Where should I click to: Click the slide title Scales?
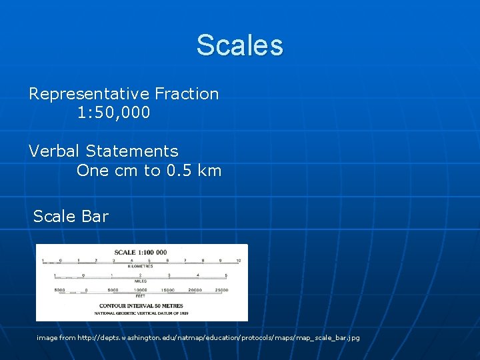pyautogui.click(x=239, y=45)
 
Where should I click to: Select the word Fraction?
pyautogui.click(x=187, y=94)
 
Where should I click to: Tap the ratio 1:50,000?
pyautogui.click(x=113, y=113)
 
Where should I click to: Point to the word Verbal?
pyautogui.click(x=55, y=151)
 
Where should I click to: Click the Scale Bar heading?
pyautogui.click(x=71, y=216)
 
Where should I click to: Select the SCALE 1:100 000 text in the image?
pyautogui.click(x=141, y=253)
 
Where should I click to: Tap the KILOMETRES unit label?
pyautogui.click(x=141, y=266)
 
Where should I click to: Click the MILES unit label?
pyautogui.click(x=141, y=281)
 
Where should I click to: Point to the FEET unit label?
pyautogui.click(x=141, y=295)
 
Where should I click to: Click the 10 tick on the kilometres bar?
pyautogui.click(x=238, y=260)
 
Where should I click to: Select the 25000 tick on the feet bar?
pyautogui.click(x=221, y=290)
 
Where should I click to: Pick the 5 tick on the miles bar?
pyautogui.click(x=227, y=275)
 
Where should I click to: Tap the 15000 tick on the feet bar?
pyautogui.click(x=168, y=290)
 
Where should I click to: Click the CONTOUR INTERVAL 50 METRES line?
pyautogui.click(x=141, y=305)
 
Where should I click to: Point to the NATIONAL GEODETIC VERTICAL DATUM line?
pyautogui.click(x=141, y=312)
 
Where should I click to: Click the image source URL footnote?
pyautogui.click(x=198, y=338)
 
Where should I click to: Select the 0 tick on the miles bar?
pyautogui.click(x=83, y=275)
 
